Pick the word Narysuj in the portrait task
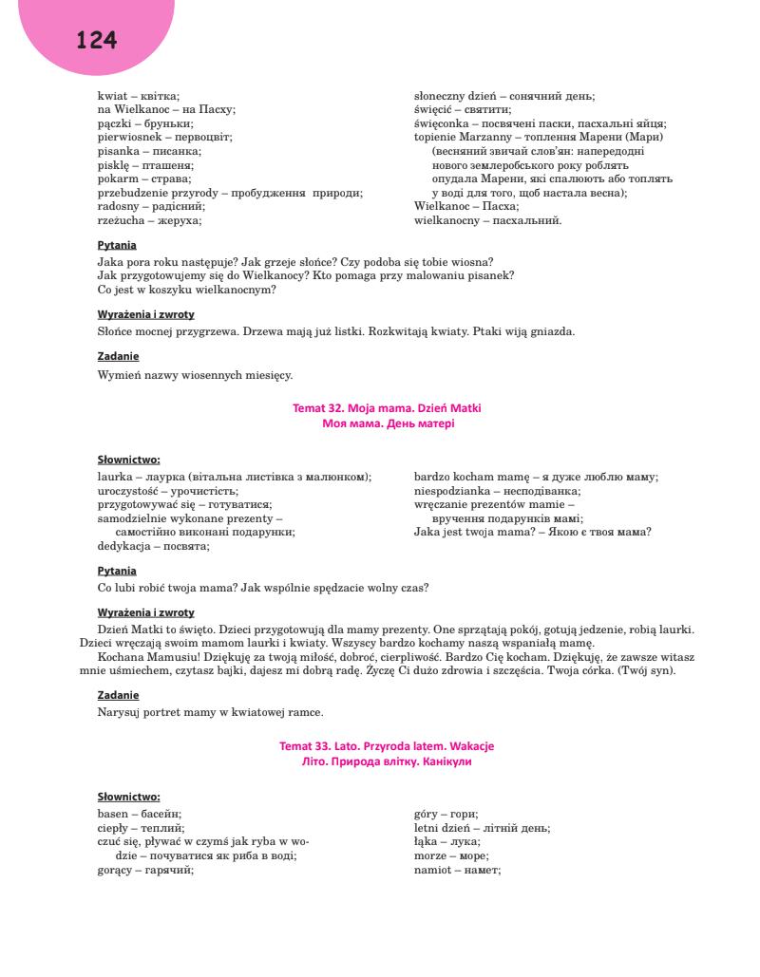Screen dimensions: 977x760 point(119,711)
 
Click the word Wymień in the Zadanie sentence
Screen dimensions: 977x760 point(118,375)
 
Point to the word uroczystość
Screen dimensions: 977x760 point(128,491)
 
